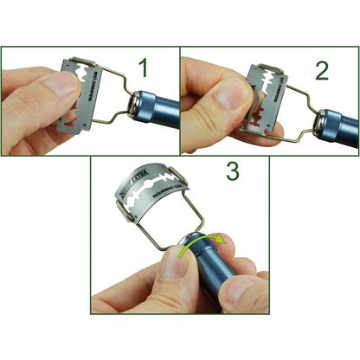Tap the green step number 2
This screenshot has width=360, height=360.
(x=321, y=68)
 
